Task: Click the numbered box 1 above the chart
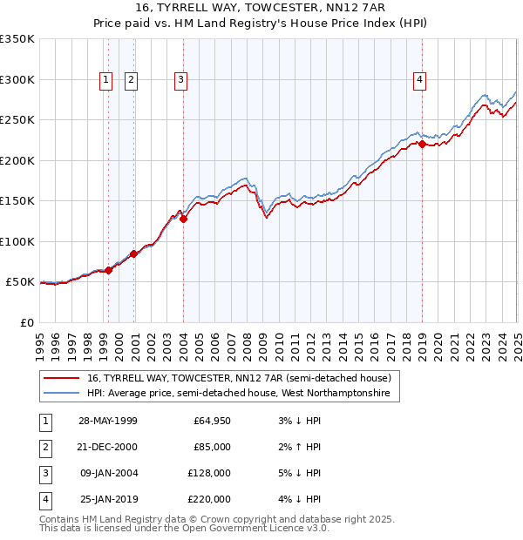pos(106,80)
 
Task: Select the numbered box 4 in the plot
pos(420,80)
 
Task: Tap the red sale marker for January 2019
pos(422,145)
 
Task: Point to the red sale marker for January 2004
pos(183,219)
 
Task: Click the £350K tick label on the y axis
pos(17,39)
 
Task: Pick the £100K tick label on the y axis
pos(17,241)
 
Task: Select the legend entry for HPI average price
pos(239,395)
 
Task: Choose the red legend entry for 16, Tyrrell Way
pos(240,379)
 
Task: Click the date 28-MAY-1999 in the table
pos(108,422)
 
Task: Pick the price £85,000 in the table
pos(212,448)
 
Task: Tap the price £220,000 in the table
pos(209,500)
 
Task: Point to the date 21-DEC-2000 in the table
pos(108,448)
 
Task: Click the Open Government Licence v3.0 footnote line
pos(184,528)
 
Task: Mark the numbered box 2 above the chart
pos(132,80)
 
